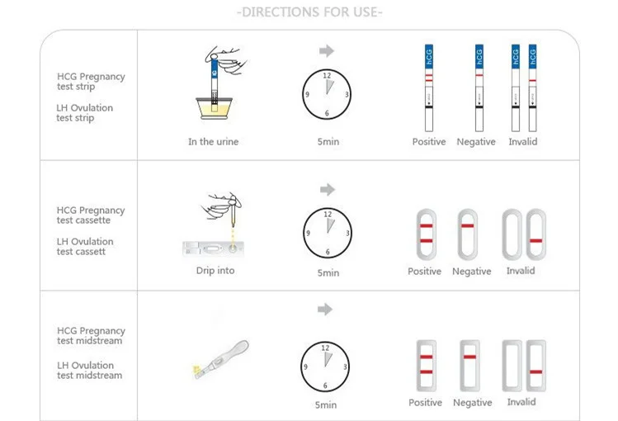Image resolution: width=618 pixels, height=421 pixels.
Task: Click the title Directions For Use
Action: (309, 12)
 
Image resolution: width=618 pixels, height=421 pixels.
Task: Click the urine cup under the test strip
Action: (214, 108)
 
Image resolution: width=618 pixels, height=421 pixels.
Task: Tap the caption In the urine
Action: (213, 141)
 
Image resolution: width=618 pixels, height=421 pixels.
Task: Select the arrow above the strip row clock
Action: (327, 51)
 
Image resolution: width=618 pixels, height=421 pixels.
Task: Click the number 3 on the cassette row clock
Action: (347, 233)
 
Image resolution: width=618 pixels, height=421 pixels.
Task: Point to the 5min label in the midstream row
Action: (326, 404)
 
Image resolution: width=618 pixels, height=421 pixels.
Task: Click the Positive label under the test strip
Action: (429, 141)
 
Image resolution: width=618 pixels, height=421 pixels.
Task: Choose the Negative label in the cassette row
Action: (471, 272)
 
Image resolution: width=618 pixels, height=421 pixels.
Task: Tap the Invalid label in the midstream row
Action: (521, 402)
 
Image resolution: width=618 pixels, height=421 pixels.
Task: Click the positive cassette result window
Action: (426, 234)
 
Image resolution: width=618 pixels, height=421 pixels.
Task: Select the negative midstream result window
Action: (469, 366)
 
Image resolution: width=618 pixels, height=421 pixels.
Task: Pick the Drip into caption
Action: (215, 271)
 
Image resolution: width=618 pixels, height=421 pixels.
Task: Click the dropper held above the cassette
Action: (233, 210)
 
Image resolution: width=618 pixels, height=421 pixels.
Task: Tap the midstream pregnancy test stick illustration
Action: (221, 360)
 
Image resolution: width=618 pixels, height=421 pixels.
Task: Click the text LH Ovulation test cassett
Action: (85, 246)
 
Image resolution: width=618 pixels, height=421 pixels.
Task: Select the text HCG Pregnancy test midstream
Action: (91, 335)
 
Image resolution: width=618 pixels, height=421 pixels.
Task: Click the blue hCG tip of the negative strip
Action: (479, 56)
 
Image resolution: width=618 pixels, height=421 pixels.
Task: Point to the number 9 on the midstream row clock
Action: (305, 367)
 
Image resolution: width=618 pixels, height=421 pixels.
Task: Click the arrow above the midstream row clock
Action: (325, 310)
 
